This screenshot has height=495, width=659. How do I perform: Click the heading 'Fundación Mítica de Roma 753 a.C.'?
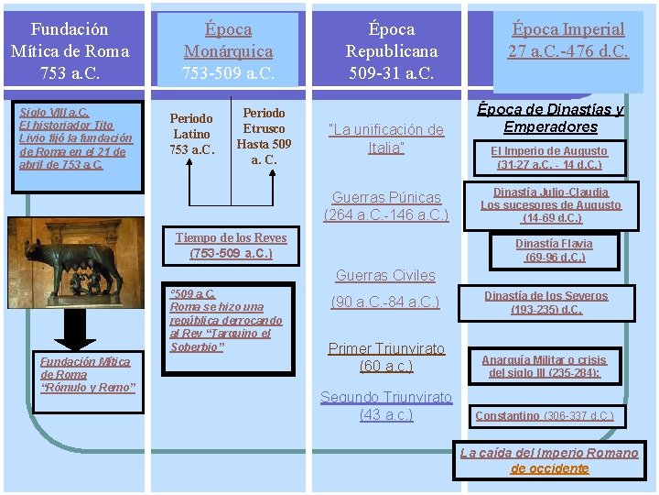coord(70,51)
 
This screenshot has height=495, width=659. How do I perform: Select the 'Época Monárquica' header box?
coord(228,51)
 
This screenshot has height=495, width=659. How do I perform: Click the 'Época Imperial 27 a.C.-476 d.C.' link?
coord(568,40)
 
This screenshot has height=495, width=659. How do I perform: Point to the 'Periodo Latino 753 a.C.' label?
coord(191,134)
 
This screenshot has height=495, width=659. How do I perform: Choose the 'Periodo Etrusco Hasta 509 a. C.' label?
coord(264,136)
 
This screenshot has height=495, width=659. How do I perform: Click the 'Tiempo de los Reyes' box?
coord(232,245)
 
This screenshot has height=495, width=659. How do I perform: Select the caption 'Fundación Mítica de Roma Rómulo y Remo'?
coord(86,374)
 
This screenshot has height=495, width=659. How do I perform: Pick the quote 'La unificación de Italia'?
coord(385,138)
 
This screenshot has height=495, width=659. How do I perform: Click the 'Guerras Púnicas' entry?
coord(385,206)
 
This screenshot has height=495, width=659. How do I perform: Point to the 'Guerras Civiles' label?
coord(385,275)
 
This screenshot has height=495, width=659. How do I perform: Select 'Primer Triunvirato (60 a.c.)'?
coord(385,357)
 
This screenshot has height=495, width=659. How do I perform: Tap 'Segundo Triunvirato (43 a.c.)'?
coord(385,406)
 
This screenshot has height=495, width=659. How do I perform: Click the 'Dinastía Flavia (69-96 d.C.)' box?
coord(554,250)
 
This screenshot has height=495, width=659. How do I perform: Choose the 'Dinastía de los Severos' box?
coord(546,302)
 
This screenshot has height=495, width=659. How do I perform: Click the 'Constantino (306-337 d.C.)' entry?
coord(544,416)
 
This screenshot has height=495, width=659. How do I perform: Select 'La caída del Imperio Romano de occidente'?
coord(549,460)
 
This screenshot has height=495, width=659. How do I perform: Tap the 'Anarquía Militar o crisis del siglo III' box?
coord(544,367)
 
